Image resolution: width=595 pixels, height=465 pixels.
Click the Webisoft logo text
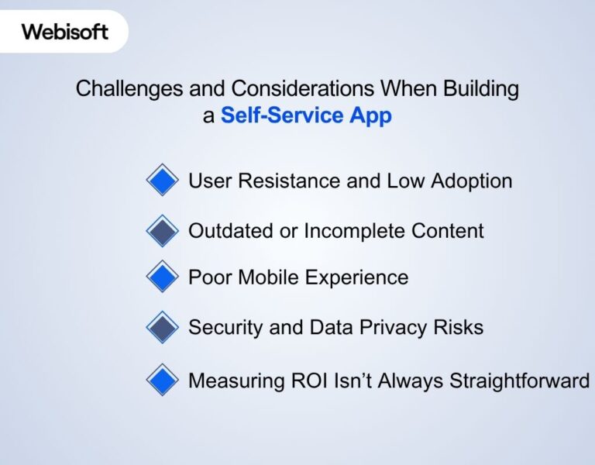click(x=64, y=32)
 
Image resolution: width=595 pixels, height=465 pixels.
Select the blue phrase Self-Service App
click(x=306, y=115)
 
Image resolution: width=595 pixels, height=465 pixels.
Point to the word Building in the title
click(x=480, y=89)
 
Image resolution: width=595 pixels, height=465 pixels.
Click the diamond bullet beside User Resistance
click(x=162, y=181)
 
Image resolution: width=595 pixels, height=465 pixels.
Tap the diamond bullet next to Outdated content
click(x=162, y=230)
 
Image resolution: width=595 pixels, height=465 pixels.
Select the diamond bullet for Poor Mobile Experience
click(x=162, y=277)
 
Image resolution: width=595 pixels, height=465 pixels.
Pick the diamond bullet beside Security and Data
click(x=162, y=327)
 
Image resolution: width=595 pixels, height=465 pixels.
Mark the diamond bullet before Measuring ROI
click(x=162, y=381)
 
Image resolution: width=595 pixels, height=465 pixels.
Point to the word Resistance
click(x=284, y=181)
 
